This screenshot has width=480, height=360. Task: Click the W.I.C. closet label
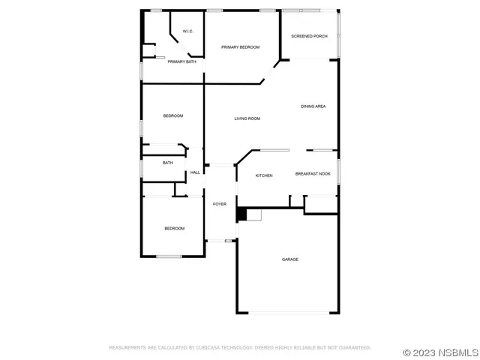click(x=187, y=31)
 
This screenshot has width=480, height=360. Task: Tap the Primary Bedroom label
click(x=240, y=47)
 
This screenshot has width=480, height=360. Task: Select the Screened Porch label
click(x=309, y=36)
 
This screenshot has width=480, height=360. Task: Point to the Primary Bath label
click(x=182, y=61)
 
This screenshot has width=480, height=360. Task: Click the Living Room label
click(x=247, y=118)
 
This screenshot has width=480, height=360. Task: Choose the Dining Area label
click(x=313, y=106)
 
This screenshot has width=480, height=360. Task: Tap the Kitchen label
click(x=264, y=175)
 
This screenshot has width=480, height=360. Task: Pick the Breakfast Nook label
click(x=313, y=174)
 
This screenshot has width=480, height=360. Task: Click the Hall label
click(x=195, y=172)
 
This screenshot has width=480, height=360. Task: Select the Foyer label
click(x=220, y=204)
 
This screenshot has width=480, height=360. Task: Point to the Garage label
click(x=290, y=259)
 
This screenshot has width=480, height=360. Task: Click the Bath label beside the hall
click(x=168, y=163)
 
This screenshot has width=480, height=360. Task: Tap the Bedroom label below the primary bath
click(x=173, y=115)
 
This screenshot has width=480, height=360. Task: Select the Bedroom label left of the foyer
click(x=175, y=228)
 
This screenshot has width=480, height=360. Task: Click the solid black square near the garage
click(x=241, y=215)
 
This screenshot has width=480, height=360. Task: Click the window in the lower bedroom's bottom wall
click(x=169, y=256)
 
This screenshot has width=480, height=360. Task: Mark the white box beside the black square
click(x=253, y=216)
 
